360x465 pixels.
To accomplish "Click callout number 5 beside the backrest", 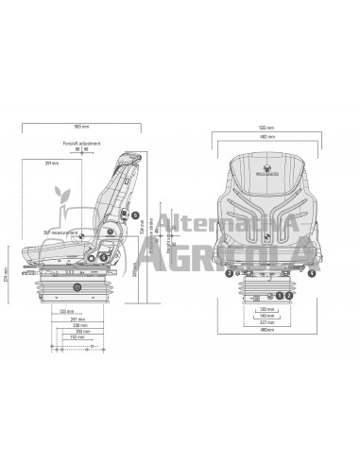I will [x=135, y=199].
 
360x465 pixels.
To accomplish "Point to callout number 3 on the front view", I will [x=230, y=273].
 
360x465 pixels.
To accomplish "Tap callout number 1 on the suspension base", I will [x=280, y=295].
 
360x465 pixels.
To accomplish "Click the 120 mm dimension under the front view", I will [x=267, y=307].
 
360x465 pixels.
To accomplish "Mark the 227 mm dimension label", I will [x=267, y=322].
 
